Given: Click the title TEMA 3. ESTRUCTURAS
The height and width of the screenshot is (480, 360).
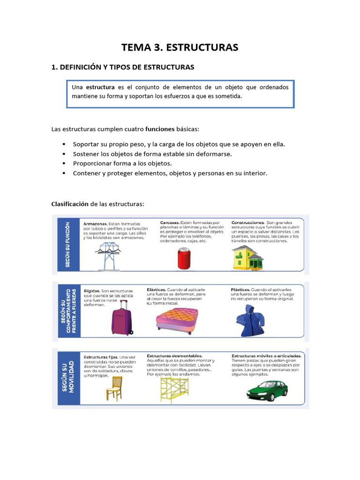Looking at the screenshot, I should [x=180, y=47].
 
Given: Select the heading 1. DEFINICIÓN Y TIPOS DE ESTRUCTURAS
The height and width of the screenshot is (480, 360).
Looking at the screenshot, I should [x=122, y=67].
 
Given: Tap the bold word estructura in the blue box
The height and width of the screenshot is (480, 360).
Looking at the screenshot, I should [x=100, y=87].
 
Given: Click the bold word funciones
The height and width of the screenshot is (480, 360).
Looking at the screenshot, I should [x=160, y=129].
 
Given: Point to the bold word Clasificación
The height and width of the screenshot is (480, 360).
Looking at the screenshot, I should [x=70, y=204].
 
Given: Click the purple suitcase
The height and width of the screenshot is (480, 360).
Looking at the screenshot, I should [x=121, y=317].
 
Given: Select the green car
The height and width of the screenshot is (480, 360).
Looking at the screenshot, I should [x=267, y=390].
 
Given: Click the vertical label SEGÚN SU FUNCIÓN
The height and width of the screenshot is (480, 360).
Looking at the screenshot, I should [x=67, y=245].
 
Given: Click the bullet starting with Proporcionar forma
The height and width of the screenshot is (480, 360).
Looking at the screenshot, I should [x=122, y=164].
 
